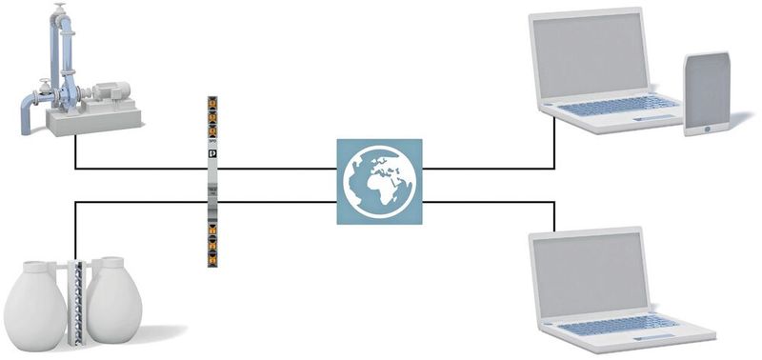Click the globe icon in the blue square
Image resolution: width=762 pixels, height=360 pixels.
click(378, 181)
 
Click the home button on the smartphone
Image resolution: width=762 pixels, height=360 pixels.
click(707, 128)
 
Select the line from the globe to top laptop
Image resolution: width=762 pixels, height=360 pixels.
click(495, 169)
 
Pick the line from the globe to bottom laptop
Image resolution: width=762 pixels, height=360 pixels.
click(495, 202)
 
